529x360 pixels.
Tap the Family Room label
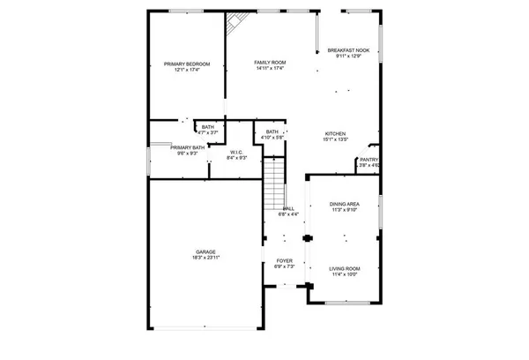(268, 62)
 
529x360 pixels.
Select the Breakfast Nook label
(347, 50)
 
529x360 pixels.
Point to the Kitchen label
(336, 133)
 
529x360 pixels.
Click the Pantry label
(369, 160)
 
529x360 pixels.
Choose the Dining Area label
(343, 204)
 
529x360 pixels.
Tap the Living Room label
(343, 268)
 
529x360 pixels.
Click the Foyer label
(284, 261)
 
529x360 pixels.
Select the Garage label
(205, 252)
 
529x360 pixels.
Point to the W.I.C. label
(236, 152)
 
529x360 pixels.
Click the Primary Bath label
(187, 147)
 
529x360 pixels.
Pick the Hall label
(288, 208)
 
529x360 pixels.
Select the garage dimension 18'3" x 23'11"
(205, 259)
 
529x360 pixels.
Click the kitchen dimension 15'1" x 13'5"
(336, 139)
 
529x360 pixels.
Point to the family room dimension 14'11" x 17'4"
(268, 68)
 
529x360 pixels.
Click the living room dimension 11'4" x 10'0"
(343, 274)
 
